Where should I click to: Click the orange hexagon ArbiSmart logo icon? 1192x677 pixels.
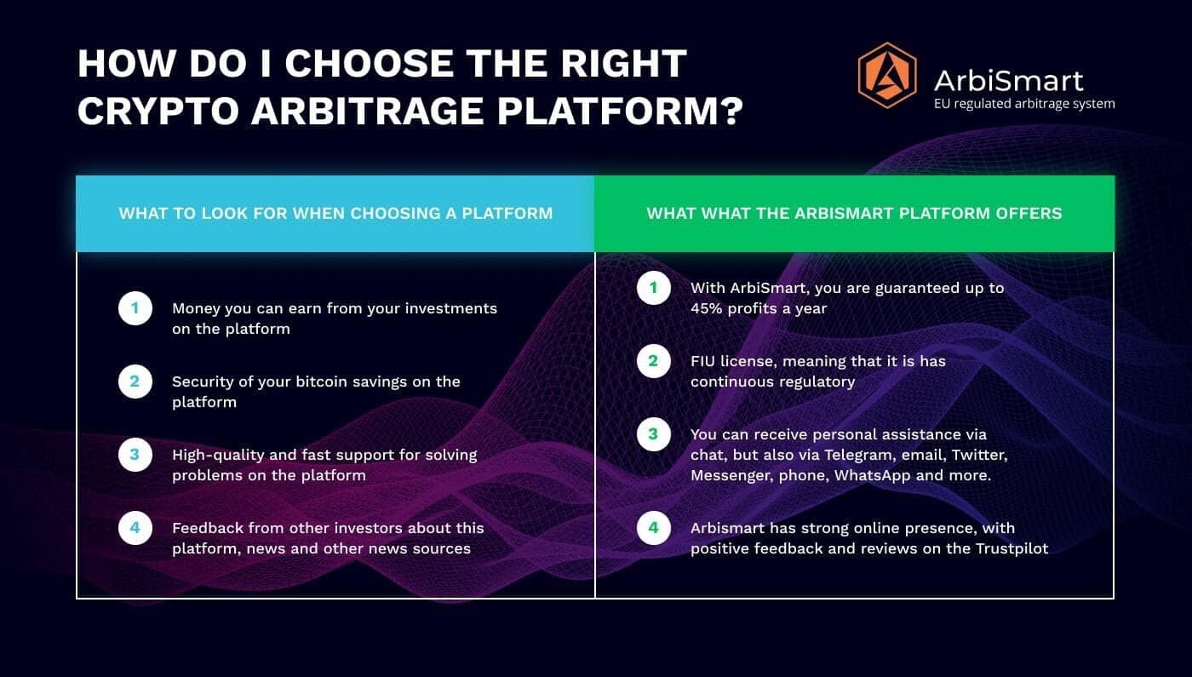[x=887, y=76]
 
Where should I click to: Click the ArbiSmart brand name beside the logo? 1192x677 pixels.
[x=1008, y=81]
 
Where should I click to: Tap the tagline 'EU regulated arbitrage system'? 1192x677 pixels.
[x=1024, y=104]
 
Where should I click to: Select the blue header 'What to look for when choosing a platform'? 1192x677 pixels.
[x=335, y=214]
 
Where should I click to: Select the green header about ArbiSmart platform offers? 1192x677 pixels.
[x=855, y=214]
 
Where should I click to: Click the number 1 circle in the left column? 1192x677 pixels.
[x=135, y=308]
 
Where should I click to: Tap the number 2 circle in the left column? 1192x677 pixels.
[x=135, y=382]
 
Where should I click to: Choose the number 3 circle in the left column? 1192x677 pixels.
[x=135, y=455]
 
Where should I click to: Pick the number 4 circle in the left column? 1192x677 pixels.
[x=135, y=528]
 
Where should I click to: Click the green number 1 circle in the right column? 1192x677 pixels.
[x=654, y=288]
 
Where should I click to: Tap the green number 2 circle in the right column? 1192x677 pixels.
[x=654, y=361]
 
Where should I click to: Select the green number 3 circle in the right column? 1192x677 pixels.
[x=654, y=434]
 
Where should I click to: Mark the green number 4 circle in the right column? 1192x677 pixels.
[x=654, y=528]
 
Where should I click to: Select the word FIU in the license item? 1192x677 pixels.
[x=702, y=361]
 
